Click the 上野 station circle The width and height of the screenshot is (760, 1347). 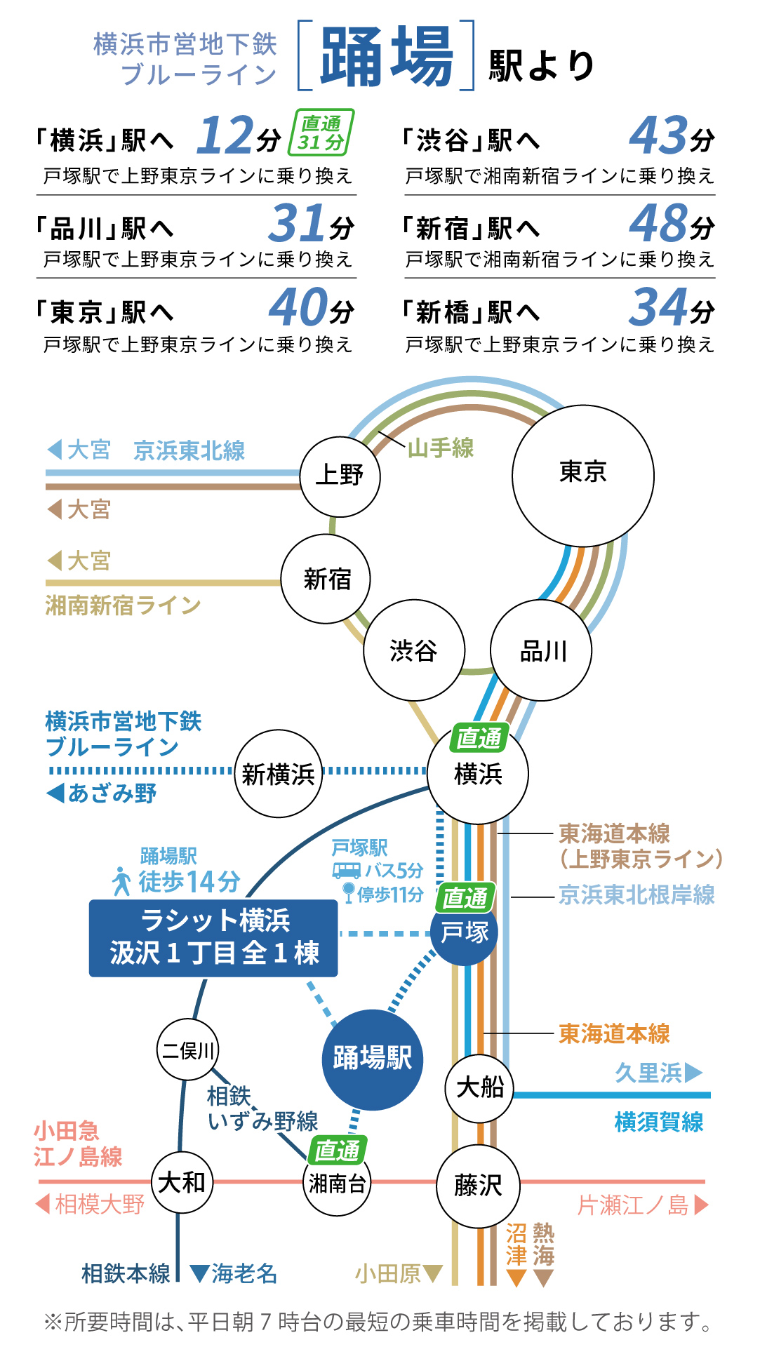(x=340, y=476)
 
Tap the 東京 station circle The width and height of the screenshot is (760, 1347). (x=583, y=476)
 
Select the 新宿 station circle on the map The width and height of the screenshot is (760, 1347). (x=326, y=579)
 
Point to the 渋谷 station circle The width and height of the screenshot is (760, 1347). (x=414, y=650)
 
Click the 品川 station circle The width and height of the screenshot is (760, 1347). (x=541, y=650)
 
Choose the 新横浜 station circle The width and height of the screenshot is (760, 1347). (x=279, y=774)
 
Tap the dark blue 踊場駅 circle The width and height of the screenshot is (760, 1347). (x=373, y=1059)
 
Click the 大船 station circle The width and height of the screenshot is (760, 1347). (x=480, y=1088)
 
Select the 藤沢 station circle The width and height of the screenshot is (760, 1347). (x=479, y=1186)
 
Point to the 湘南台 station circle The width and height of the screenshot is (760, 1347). (x=338, y=1184)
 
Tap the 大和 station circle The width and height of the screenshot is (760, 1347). (x=182, y=1183)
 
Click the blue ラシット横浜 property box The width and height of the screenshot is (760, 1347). (x=213, y=939)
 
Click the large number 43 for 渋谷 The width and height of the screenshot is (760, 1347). (x=658, y=135)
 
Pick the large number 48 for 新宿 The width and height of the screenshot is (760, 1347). (x=658, y=222)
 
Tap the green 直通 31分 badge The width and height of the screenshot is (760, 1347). (x=321, y=132)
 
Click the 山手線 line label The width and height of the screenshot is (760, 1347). (x=441, y=448)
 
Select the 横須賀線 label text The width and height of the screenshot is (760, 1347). (x=659, y=1121)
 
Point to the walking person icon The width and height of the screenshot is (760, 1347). (x=122, y=881)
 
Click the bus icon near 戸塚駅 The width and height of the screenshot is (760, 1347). (x=347, y=870)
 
